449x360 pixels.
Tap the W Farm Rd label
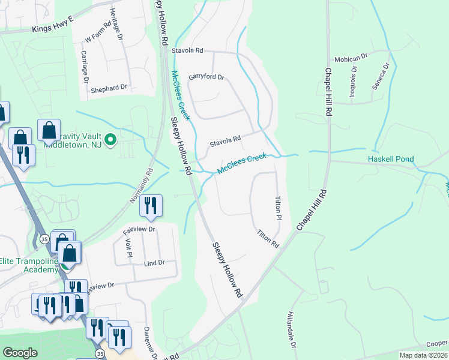[98, 32]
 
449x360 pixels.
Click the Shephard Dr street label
[109, 88]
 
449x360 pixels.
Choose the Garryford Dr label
[205, 77]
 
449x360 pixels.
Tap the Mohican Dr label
[351, 58]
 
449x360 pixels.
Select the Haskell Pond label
[391, 160]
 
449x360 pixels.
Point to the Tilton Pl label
[279, 207]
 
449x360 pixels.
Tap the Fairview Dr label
[139, 229]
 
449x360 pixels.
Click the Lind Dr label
[154, 263]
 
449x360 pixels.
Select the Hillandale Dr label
[292, 330]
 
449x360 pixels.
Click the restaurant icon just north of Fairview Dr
[150, 206]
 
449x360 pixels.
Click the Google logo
[20, 353]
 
